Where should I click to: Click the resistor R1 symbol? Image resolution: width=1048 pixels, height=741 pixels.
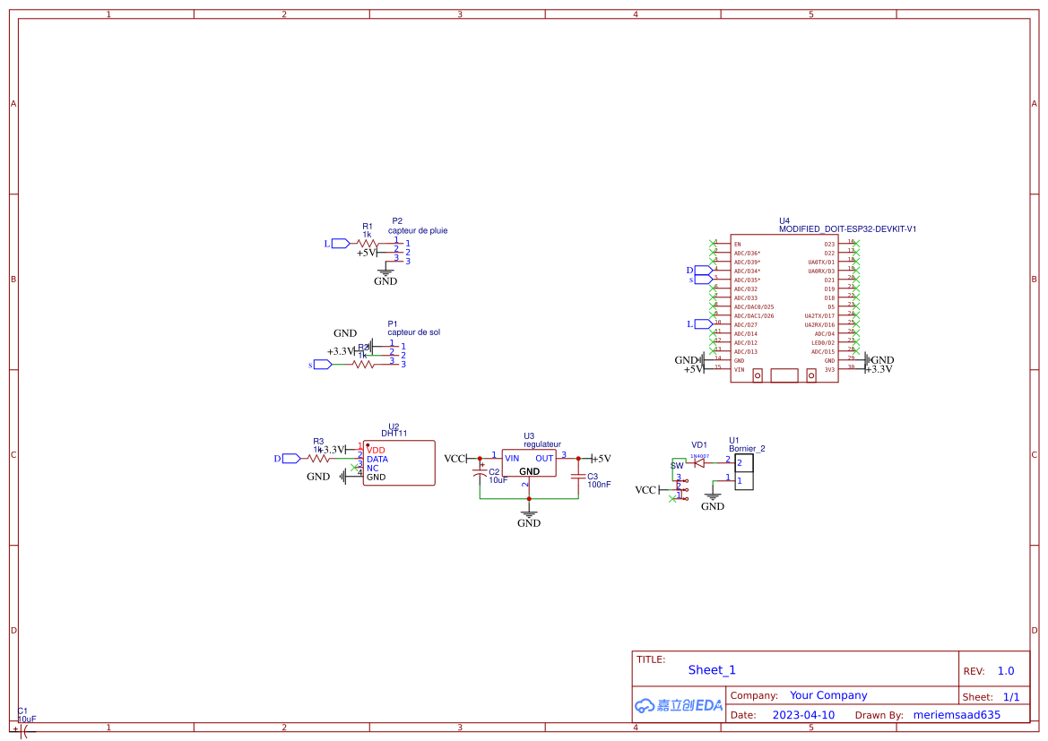(367, 243)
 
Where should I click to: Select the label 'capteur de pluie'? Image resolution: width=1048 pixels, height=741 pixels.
(418, 230)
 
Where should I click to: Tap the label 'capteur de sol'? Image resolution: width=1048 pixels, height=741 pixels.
(413, 332)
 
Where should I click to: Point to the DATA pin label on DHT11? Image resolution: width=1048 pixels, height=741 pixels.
(377, 459)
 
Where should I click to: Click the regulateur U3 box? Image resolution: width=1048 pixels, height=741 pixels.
(529, 463)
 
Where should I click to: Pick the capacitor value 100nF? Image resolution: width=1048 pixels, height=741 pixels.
(599, 484)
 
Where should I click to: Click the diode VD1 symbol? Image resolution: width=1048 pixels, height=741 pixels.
(699, 463)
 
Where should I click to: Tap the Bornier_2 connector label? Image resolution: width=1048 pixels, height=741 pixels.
(747, 449)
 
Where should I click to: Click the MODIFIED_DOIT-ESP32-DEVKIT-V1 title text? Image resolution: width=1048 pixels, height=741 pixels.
(847, 229)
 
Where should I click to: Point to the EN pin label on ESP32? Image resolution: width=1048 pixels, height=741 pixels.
(737, 244)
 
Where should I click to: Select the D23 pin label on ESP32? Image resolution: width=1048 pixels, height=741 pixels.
(829, 244)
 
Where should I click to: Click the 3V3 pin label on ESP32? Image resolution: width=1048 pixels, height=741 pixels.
(829, 369)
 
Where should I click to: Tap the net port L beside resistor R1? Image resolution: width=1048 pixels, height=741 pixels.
(340, 243)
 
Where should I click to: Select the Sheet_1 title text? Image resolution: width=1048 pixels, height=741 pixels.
(712, 669)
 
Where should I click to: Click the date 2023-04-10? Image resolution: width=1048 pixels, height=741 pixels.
(803, 715)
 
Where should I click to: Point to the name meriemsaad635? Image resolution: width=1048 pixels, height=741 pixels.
(956, 715)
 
